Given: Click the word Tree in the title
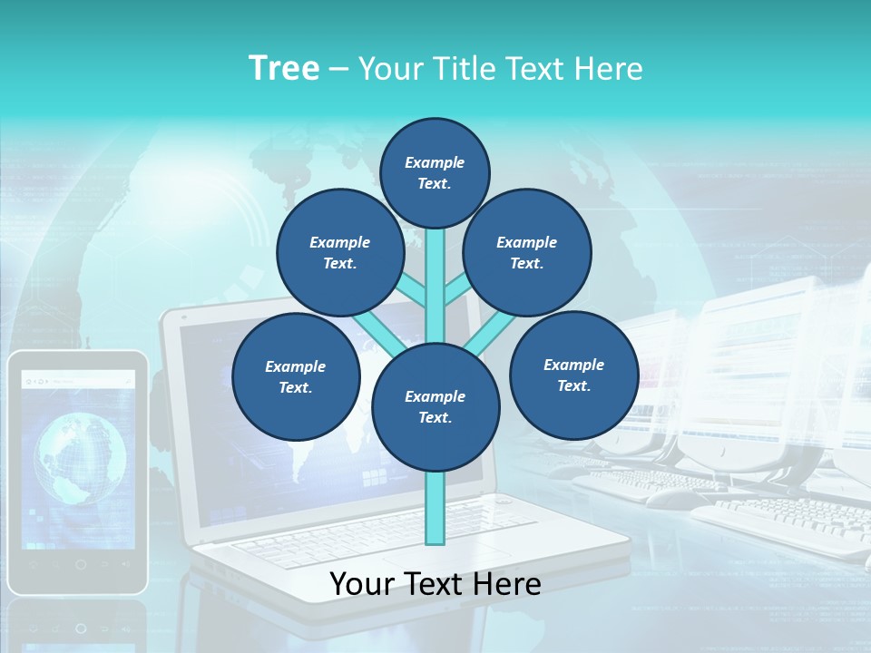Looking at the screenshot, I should pos(284,69).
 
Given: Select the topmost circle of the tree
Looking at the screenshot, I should pos(435,172).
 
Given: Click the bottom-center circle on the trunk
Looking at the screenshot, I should pos(435,407).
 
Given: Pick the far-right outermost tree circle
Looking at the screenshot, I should pos(573,375).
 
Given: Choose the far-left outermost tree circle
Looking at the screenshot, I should pos(296,376).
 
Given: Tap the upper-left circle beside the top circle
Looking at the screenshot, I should pos(340,252).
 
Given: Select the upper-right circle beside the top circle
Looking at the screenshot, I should pos(527,252).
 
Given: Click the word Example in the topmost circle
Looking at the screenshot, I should pos(435,162).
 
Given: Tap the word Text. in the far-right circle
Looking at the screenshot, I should pos(573,385).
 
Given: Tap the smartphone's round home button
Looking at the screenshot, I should pos(81,564).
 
